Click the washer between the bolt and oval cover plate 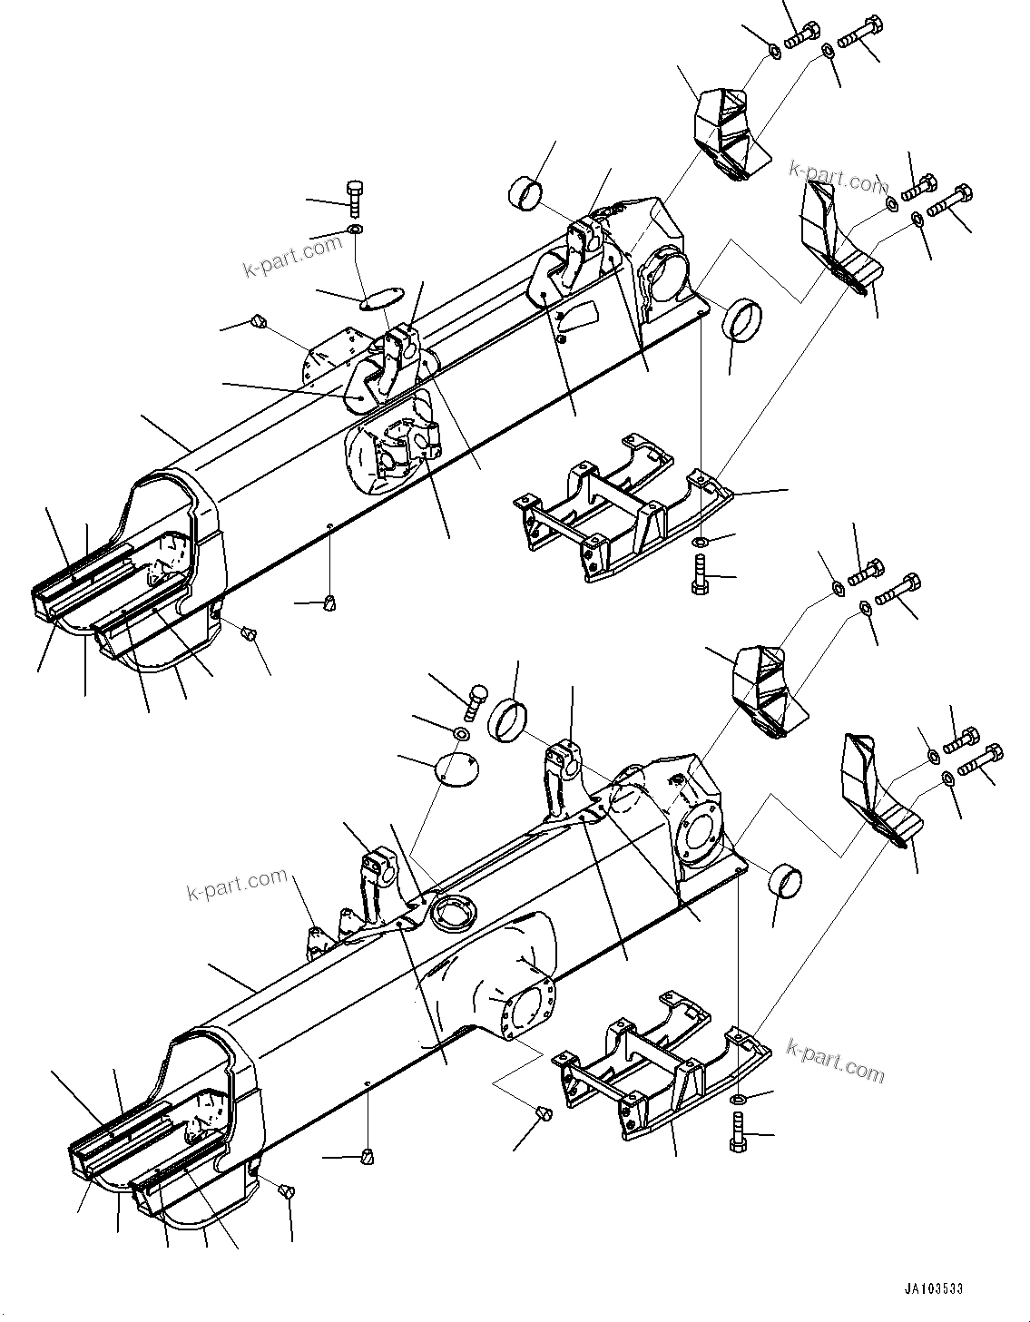(355, 228)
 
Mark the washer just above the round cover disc (460, 732)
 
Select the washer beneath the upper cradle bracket (701, 543)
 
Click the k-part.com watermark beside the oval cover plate (293, 255)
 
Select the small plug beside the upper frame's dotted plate (258, 320)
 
